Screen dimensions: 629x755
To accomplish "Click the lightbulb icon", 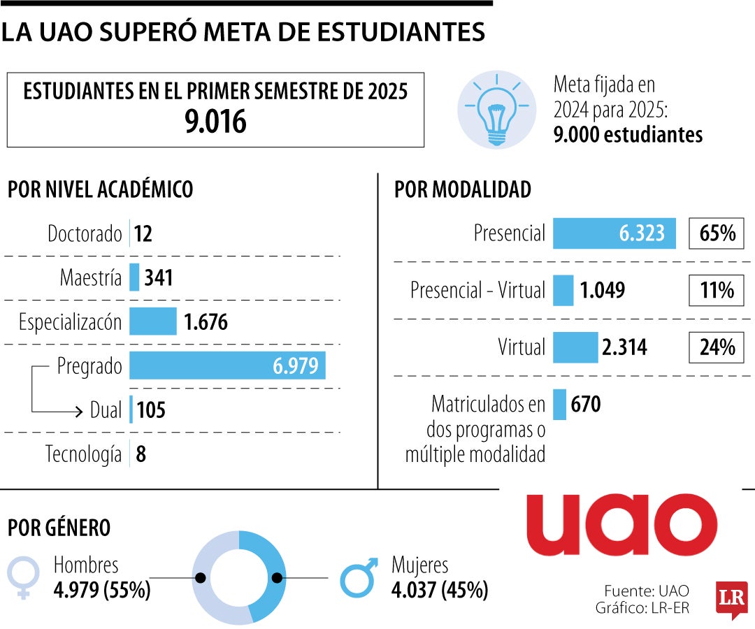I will click(496, 109).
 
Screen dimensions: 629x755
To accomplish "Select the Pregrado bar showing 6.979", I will click(227, 366).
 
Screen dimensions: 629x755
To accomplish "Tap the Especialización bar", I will click(153, 321).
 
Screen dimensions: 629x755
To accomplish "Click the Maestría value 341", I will click(159, 278).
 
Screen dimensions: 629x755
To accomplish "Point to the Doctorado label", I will click(85, 233).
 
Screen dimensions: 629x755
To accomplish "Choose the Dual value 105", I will click(151, 410).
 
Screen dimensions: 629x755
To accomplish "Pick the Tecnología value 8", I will click(141, 455).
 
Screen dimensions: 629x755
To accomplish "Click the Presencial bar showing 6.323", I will click(614, 233).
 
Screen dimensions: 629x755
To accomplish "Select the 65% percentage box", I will click(717, 233).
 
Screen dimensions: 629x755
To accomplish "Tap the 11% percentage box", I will click(717, 290).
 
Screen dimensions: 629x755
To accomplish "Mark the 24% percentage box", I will click(717, 347).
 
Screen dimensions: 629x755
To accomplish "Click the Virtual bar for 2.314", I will click(575, 347).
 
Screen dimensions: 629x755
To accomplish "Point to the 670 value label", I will click(586, 404).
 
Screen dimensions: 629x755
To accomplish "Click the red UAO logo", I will click(621, 525).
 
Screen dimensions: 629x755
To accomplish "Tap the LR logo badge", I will click(731, 600).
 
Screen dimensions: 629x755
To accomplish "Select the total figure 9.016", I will click(215, 123).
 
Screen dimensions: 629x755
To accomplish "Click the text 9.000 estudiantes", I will click(628, 134).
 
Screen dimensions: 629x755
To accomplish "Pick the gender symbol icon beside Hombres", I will click(23, 577).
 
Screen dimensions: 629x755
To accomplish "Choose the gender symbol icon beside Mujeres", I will click(359, 577).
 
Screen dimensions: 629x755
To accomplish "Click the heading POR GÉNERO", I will click(59, 528).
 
